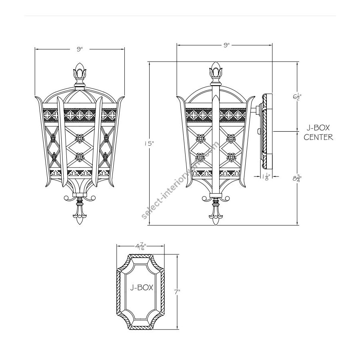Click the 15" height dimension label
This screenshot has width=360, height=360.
point(149,144)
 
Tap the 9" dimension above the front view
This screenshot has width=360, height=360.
point(80,49)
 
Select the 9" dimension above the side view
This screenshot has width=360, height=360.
point(227,45)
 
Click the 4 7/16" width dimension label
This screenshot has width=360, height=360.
point(141,246)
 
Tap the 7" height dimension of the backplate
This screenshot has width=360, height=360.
point(177,292)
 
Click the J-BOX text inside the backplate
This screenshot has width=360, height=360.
point(142,288)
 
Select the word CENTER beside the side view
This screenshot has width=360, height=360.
point(318,137)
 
